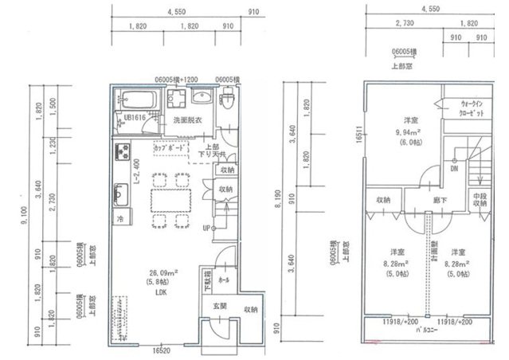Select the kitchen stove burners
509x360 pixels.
tap(123, 151)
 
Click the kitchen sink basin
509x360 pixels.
tap(123, 194)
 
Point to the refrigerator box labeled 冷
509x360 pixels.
tap(122, 217)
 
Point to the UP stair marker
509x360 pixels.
tap(206, 228)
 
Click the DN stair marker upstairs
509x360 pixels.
tap(452, 170)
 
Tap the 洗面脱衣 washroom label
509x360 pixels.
tap(187, 120)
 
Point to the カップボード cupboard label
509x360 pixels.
tap(170, 148)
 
